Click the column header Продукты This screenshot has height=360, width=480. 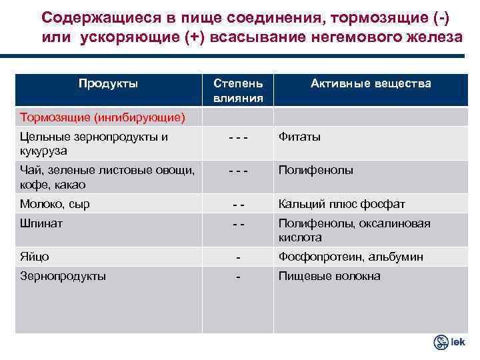108,84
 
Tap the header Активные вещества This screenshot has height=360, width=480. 370,84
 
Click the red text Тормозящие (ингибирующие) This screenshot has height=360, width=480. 102,117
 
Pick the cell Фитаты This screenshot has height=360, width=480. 299,137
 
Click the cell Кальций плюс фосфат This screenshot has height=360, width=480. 341,204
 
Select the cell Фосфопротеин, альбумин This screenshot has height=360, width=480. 351,257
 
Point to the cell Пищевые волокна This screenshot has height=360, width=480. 329,276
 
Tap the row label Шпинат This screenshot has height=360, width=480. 41,224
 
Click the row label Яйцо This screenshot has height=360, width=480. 35,257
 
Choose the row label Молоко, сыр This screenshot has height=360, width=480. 55,204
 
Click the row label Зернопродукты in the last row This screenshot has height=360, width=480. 63,276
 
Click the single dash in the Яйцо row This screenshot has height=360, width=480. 239,257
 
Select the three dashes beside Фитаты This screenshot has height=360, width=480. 238,137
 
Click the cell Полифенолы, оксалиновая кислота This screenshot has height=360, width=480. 354,230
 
